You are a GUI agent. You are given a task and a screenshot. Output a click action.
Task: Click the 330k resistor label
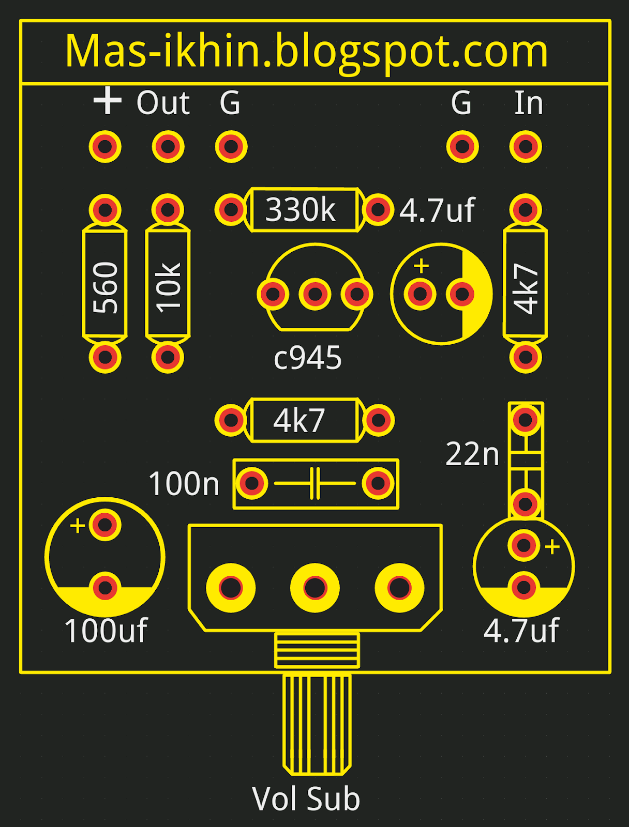pyautogui.click(x=301, y=210)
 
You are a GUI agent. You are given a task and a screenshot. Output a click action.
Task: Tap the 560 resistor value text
pyautogui.click(x=106, y=288)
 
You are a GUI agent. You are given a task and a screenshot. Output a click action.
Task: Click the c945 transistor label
pyautogui.click(x=308, y=358)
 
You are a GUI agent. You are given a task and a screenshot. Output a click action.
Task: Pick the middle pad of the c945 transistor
pyautogui.click(x=315, y=294)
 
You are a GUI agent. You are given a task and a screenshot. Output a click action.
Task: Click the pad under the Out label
pyautogui.click(x=168, y=147)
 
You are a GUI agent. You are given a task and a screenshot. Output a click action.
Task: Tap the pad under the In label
pyautogui.click(x=526, y=147)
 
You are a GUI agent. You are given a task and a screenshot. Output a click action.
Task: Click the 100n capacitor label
pyautogui.click(x=184, y=484)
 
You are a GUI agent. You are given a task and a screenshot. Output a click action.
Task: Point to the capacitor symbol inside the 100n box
pyautogui.click(x=315, y=484)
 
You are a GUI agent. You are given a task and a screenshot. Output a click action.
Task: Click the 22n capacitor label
pyautogui.click(x=472, y=454)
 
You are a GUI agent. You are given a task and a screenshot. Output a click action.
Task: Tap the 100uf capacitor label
pyautogui.click(x=106, y=631)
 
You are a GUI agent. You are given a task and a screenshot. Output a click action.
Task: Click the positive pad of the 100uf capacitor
pyautogui.click(x=105, y=525)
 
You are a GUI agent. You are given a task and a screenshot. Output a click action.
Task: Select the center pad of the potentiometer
pyautogui.click(x=315, y=588)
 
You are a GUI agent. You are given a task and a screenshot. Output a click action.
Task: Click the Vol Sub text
pyautogui.click(x=306, y=799)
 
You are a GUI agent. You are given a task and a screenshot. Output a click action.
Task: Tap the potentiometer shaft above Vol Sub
pyautogui.click(x=317, y=724)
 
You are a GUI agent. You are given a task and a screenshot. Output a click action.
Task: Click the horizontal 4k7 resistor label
pyautogui.click(x=299, y=420)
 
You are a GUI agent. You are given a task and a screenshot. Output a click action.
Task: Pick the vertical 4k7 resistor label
pyautogui.click(x=526, y=289)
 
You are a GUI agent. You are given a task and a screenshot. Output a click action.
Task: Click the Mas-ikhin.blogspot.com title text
pyautogui.click(x=306, y=52)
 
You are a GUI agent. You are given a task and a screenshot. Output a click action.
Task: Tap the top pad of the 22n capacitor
pyautogui.click(x=525, y=419)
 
